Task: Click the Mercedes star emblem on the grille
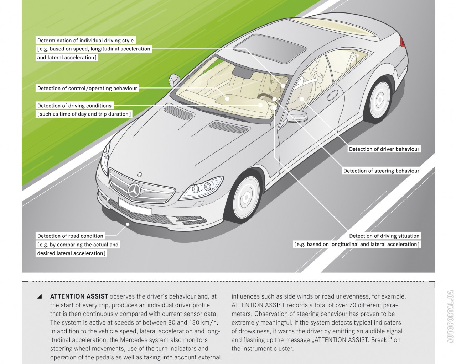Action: (135, 191)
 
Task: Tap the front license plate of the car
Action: (135, 207)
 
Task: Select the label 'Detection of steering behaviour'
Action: (381, 171)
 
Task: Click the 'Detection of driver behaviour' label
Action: (384, 149)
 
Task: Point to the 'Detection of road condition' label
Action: (70, 236)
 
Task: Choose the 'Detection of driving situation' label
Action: (384, 236)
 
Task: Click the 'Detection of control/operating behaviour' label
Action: (87, 89)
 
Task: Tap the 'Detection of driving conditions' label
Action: (74, 106)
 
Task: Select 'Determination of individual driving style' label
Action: (85, 41)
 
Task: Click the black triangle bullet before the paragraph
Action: (40, 296)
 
